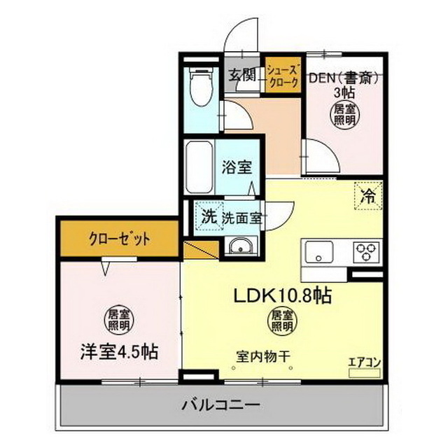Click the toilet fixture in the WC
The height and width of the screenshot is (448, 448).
click(201, 88)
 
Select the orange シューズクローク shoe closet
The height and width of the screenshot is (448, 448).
click(283, 76)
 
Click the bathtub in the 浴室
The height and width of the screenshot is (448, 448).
click(199, 168)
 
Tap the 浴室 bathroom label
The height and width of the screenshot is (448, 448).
click(233, 168)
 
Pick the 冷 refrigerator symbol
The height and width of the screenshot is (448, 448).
click(368, 196)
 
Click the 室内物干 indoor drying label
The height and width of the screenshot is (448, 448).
click(262, 354)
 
